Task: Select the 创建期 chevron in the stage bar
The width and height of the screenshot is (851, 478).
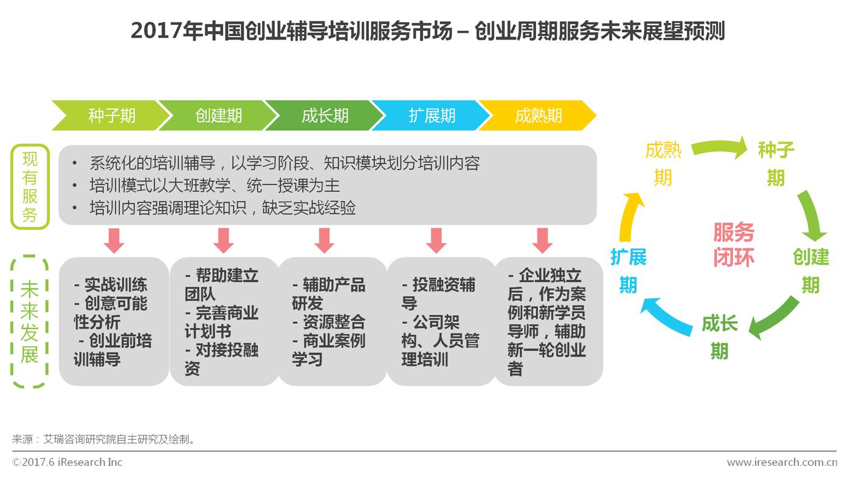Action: click(x=218, y=115)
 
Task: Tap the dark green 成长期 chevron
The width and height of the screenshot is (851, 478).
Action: click(x=325, y=115)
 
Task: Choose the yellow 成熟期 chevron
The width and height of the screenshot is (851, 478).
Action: click(x=538, y=115)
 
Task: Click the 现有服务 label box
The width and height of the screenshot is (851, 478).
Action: click(x=30, y=186)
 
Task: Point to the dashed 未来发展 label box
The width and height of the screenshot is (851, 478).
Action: click(x=30, y=321)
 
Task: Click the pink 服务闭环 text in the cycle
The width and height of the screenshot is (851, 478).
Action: click(x=734, y=245)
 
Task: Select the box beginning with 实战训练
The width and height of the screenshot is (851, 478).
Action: click(x=114, y=321)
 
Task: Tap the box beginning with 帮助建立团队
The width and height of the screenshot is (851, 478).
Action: click(x=223, y=321)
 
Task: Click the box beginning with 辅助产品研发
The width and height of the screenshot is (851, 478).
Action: click(x=332, y=321)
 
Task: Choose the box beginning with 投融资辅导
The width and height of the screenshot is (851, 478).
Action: click(x=441, y=321)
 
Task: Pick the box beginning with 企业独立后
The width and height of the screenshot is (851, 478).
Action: click(x=548, y=321)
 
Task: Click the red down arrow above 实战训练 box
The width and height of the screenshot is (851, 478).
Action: click(x=114, y=241)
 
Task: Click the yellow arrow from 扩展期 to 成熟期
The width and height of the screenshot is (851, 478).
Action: click(x=630, y=216)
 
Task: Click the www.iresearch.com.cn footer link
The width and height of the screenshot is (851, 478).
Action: click(x=782, y=462)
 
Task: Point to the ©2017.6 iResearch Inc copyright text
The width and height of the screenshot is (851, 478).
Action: click(x=67, y=462)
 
